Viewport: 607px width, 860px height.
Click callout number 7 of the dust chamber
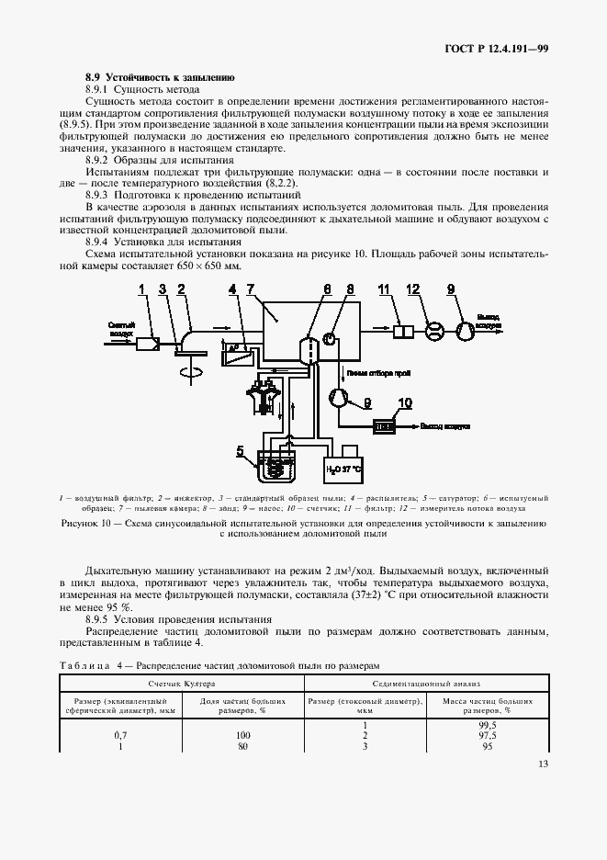[250, 289]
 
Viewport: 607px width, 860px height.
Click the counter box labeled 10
[384, 425]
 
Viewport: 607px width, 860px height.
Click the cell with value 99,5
[489, 726]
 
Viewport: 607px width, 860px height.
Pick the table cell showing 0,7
[119, 736]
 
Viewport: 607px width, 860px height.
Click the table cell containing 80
[243, 746]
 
